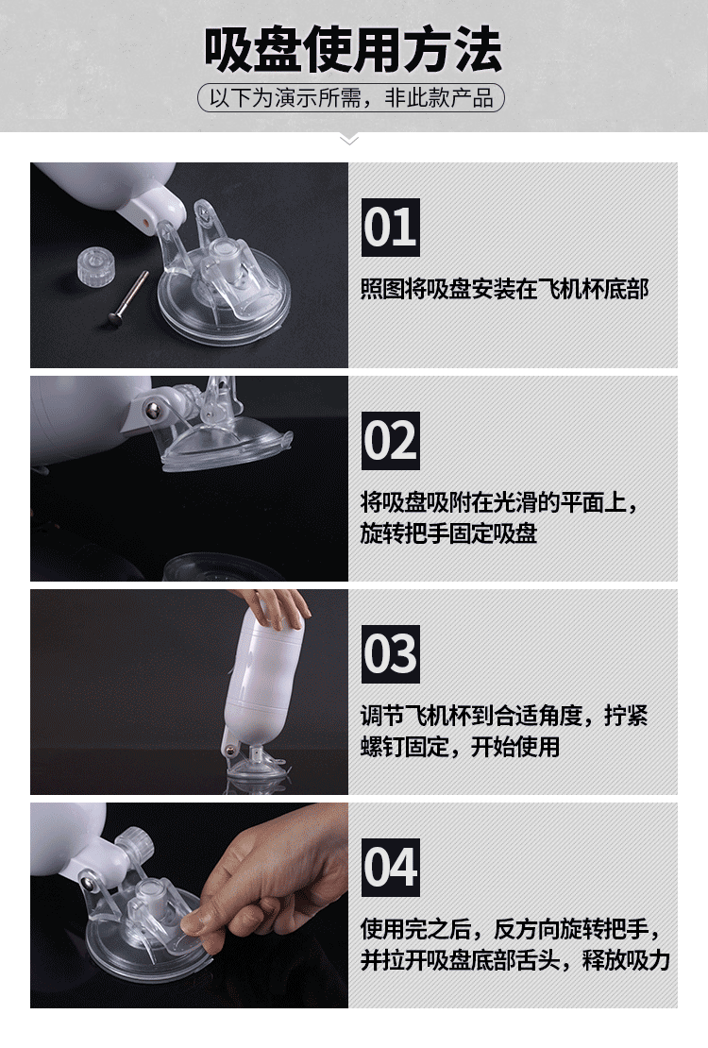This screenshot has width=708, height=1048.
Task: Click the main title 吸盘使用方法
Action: click(x=352, y=49)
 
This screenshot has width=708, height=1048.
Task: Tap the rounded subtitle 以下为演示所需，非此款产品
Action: click(x=351, y=97)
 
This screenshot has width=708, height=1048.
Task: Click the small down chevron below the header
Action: click(x=349, y=140)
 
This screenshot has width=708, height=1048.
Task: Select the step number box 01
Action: click(x=391, y=228)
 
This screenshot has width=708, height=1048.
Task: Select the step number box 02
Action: click(x=391, y=441)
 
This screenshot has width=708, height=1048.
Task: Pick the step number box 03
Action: click(x=391, y=653)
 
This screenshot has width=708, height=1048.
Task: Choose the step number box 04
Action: click(x=391, y=867)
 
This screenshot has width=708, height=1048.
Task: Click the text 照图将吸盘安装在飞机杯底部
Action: click(x=505, y=290)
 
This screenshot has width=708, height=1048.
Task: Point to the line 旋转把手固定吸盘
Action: click(x=448, y=533)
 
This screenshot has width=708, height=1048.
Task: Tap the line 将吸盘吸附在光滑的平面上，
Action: click(x=499, y=502)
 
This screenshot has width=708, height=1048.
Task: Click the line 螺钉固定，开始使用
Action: click(x=460, y=747)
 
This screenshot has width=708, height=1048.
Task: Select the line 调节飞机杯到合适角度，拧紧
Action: click(x=504, y=715)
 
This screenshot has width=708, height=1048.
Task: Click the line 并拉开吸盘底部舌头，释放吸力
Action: click(x=515, y=960)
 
